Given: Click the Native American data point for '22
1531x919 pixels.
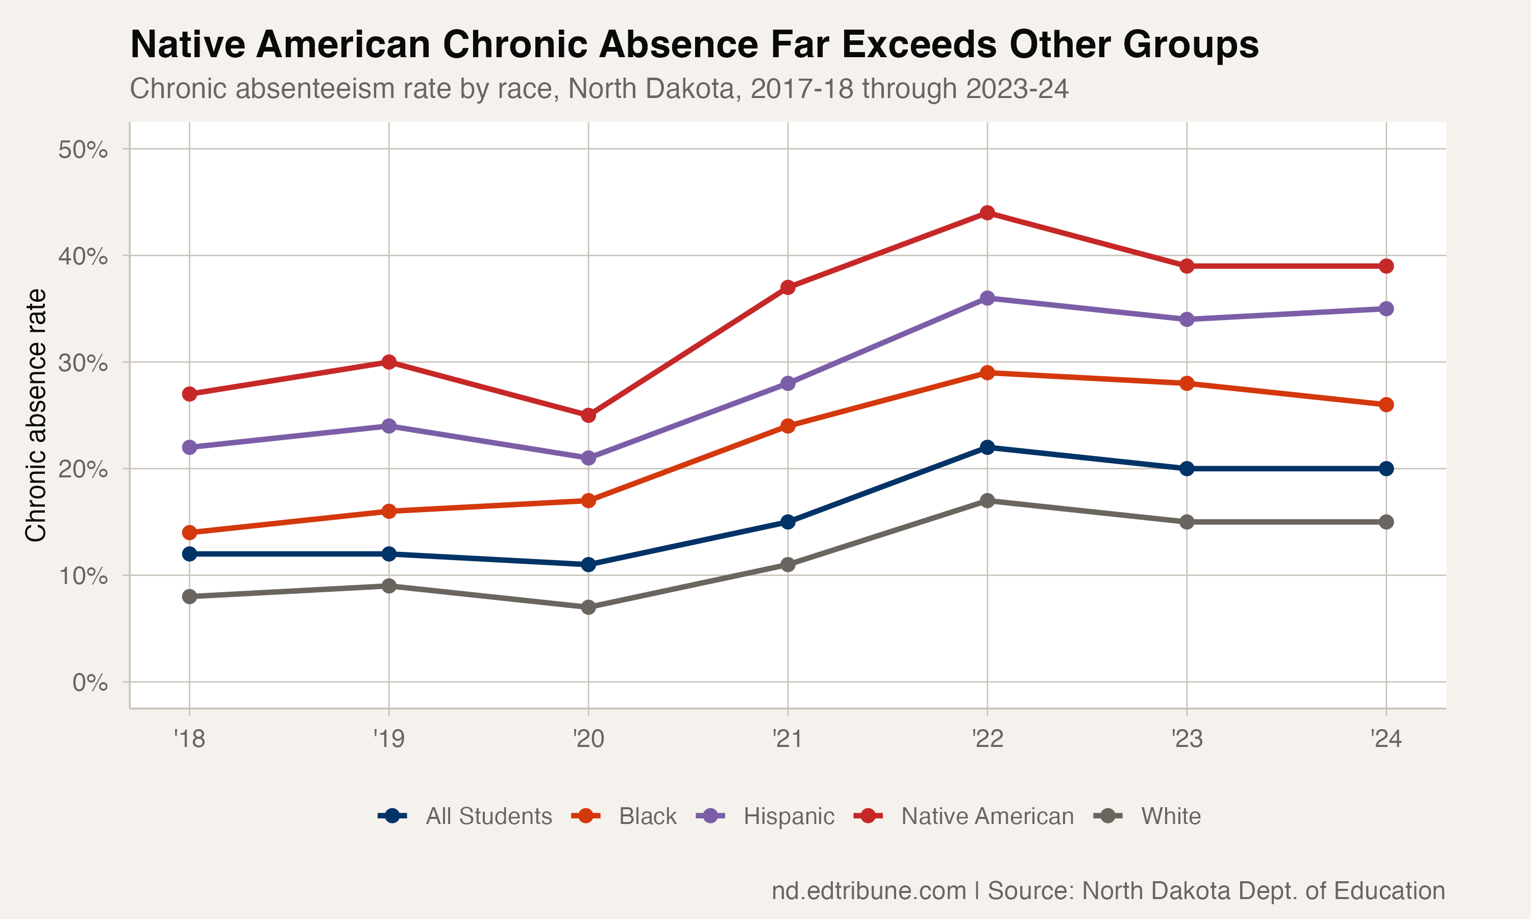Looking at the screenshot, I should point(987,213).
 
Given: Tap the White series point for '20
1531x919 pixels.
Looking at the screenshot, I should point(588,608).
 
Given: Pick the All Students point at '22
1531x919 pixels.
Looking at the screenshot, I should point(987,447).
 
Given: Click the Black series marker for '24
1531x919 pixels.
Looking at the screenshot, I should point(1386,405).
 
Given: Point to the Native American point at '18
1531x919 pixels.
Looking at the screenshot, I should point(189,394).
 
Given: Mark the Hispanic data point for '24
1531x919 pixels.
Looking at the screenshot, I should point(1386,308).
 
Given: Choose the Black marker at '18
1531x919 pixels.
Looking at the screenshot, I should point(189,533).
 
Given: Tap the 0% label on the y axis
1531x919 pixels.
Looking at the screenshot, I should point(90,683).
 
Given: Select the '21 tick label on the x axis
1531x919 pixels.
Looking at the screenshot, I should point(787,739).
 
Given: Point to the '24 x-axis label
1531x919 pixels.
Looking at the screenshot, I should point(1386,739).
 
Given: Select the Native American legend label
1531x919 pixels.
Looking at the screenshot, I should point(987,816).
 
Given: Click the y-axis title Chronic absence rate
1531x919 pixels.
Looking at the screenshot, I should point(36,415).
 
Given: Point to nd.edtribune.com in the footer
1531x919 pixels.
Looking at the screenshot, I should point(868,890).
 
